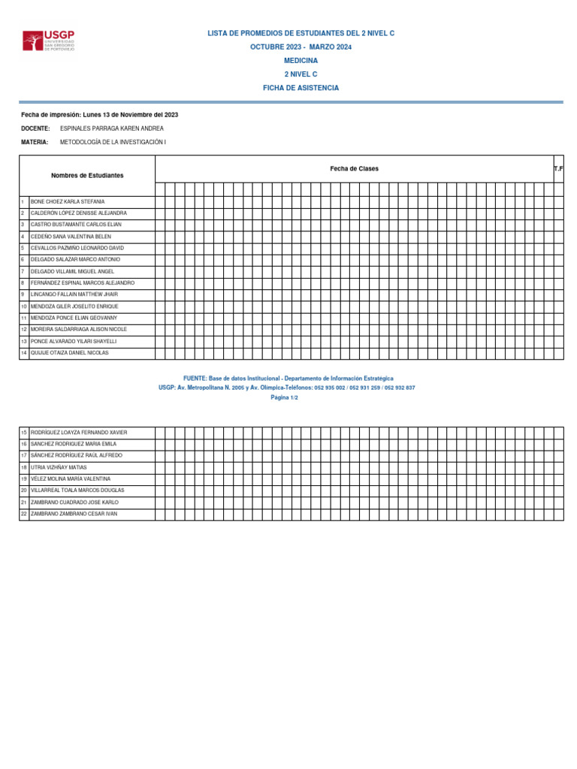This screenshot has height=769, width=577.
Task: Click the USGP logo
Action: [49, 41]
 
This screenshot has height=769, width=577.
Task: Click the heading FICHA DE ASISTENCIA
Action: [301, 88]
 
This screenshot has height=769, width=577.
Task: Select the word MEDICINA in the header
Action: [301, 61]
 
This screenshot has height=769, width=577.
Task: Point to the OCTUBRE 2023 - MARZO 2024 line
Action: [301, 47]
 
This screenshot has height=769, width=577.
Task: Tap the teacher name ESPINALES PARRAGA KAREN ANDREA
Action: [111, 128]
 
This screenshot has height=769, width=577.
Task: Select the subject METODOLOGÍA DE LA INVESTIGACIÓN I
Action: [113, 142]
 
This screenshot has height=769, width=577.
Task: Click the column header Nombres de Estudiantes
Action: [87, 175]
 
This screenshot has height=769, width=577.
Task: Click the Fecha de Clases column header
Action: [354, 169]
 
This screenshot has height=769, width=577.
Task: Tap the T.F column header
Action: [558, 169]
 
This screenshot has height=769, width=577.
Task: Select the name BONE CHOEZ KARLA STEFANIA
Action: [68, 202]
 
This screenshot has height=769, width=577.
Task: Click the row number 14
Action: [24, 352]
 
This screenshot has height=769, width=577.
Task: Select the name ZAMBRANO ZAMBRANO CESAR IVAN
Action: [74, 514]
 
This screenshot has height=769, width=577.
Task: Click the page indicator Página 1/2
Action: [285, 397]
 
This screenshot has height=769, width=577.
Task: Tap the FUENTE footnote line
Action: [288, 378]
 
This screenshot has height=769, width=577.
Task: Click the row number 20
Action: [24, 490]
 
